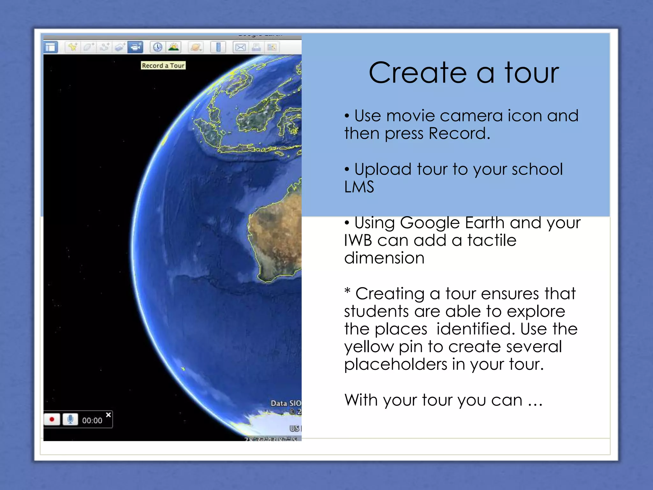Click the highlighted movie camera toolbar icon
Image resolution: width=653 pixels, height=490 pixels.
[x=135, y=47]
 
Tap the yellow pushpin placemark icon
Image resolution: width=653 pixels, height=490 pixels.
[x=73, y=47]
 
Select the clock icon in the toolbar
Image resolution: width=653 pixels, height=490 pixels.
[x=158, y=47]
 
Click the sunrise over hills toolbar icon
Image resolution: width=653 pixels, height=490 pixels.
[x=173, y=47]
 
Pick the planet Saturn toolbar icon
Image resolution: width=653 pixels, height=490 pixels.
[x=195, y=48]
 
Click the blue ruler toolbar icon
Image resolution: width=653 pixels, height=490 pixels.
[x=218, y=47]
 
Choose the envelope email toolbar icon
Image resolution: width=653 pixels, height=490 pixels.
[x=240, y=48]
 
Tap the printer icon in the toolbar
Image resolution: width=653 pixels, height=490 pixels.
[x=256, y=48]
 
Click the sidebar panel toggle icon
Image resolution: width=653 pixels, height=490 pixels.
[x=50, y=48]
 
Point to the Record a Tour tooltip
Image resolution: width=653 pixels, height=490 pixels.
[x=163, y=65]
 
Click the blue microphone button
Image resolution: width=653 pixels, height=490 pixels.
[x=70, y=419]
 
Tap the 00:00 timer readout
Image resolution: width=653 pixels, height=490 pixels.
[x=92, y=420]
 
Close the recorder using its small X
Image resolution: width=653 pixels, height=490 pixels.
[x=108, y=415]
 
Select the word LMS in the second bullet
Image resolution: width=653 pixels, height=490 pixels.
[x=359, y=187]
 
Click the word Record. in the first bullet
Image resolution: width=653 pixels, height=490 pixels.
[x=459, y=133]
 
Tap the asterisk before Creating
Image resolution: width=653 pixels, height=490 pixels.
[x=347, y=291]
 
